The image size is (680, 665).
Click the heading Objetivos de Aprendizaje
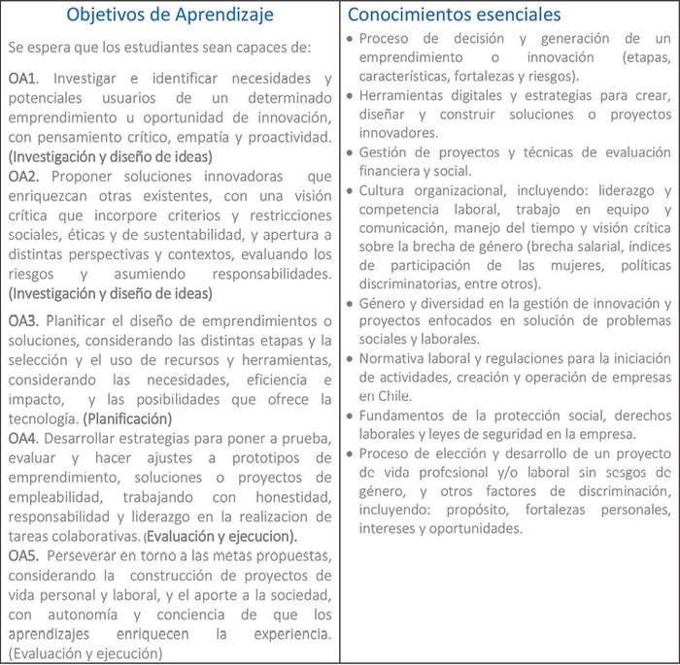(169, 15)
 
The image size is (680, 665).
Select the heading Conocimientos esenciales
(454, 15)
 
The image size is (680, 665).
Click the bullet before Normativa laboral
(351, 358)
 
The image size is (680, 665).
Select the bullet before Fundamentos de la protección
(351, 416)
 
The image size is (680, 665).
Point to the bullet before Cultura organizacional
(351, 191)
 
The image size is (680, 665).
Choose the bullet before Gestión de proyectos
(351, 153)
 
